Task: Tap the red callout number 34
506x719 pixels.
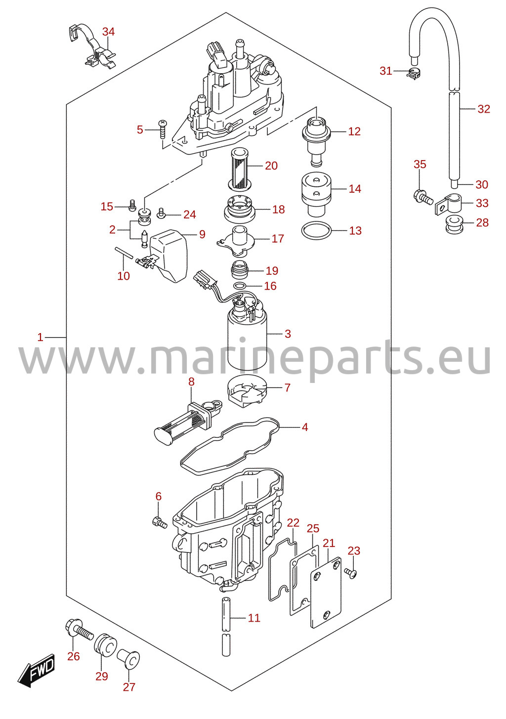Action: [109, 32]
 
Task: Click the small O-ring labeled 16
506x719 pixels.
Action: [240, 286]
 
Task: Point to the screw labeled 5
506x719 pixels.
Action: [163, 129]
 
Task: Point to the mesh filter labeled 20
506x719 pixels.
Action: [240, 169]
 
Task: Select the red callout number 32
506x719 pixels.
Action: [484, 109]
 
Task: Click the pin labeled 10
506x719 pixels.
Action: [124, 253]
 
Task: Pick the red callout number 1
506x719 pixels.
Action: [40, 338]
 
